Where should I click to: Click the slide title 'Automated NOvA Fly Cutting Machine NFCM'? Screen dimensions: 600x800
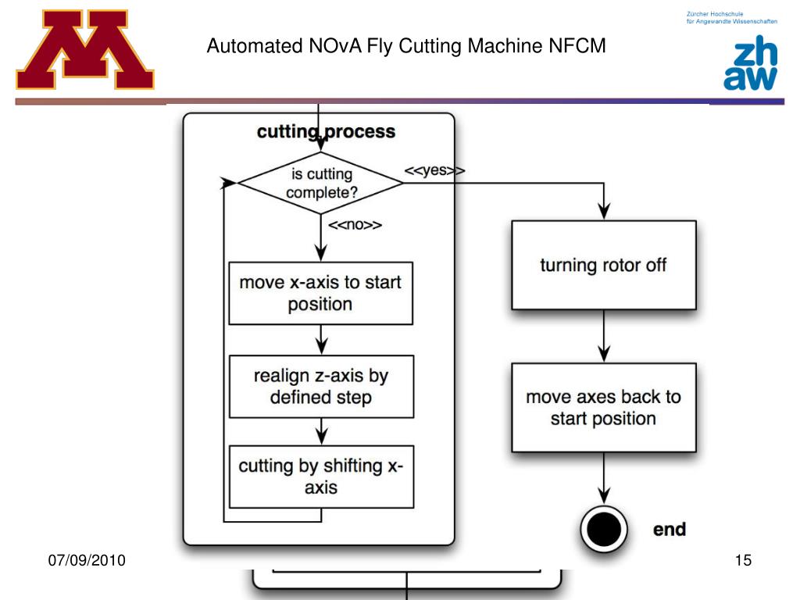tap(406, 46)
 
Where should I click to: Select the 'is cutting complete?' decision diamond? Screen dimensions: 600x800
tap(320, 184)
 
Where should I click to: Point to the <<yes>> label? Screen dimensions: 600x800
tap(434, 170)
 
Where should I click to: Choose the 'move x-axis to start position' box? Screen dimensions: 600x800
tap(320, 293)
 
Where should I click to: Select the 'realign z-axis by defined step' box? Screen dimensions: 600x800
tap(320, 387)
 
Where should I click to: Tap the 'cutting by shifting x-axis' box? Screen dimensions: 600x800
tap(320, 477)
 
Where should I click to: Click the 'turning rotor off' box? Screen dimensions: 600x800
tap(603, 265)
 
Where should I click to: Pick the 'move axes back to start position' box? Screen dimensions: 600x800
tap(603, 407)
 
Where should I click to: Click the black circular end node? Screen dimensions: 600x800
tap(603, 530)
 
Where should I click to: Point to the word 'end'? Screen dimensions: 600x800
tap(669, 530)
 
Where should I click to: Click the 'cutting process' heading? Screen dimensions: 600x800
tap(326, 131)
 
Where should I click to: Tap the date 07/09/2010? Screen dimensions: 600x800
tap(87, 560)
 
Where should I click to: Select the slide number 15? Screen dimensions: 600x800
tap(742, 560)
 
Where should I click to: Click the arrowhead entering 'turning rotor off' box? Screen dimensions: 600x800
tap(603, 212)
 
